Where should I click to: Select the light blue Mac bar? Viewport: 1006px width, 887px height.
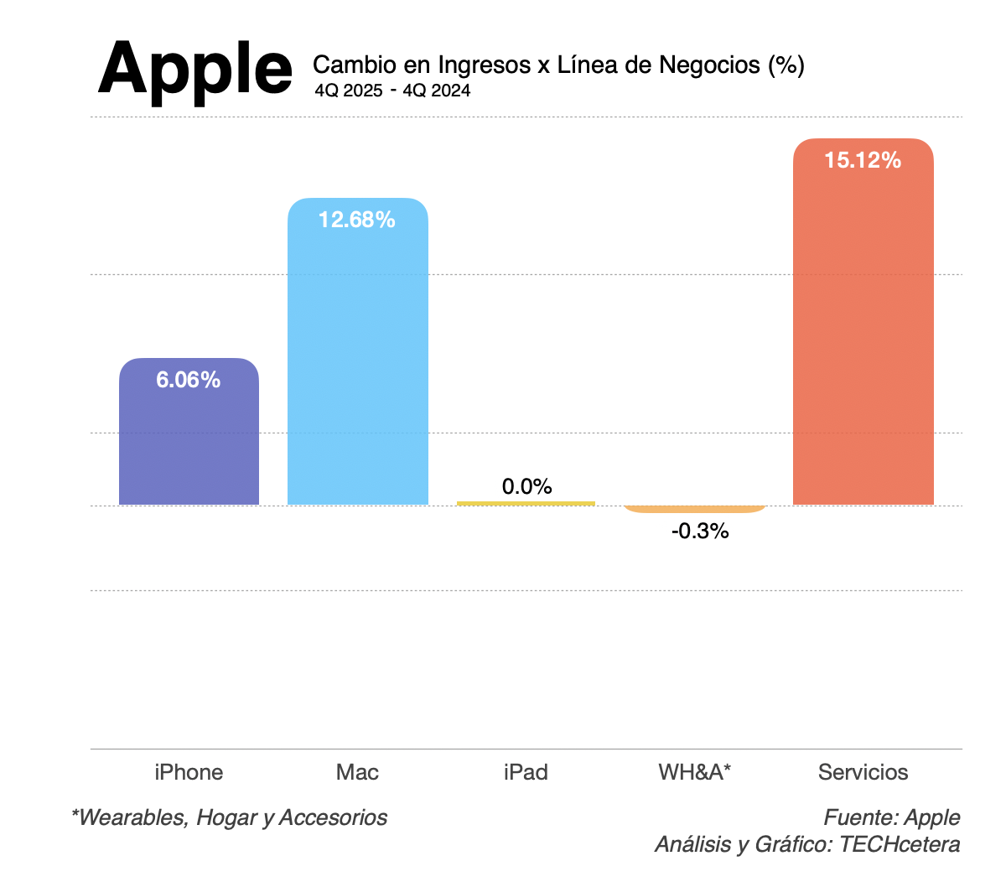[358, 361]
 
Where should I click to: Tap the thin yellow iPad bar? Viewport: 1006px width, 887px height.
[526, 503]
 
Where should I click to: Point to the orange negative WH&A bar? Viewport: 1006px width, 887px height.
[695, 509]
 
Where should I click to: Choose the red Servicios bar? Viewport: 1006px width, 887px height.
[863, 335]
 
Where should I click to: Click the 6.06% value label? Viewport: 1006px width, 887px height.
[189, 380]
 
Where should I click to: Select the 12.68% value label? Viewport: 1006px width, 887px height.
[357, 220]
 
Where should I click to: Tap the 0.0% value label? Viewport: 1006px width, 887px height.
[526, 486]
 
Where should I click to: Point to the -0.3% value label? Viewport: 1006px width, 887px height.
[700, 531]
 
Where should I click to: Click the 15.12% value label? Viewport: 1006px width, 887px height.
[863, 160]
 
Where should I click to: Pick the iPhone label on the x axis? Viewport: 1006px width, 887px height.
[189, 772]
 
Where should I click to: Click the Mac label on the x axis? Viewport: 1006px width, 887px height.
[357, 772]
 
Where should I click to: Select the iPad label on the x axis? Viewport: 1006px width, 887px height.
[526, 772]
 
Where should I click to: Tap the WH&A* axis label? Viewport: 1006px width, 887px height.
[695, 772]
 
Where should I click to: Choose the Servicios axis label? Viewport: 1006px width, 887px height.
[863, 772]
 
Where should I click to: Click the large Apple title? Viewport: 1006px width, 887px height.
[195, 69]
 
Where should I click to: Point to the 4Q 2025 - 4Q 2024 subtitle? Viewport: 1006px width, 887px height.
[392, 91]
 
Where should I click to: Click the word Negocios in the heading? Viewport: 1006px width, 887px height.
[709, 65]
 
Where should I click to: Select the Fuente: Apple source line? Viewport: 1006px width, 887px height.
[892, 817]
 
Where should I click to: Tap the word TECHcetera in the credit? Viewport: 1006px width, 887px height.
[900, 844]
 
